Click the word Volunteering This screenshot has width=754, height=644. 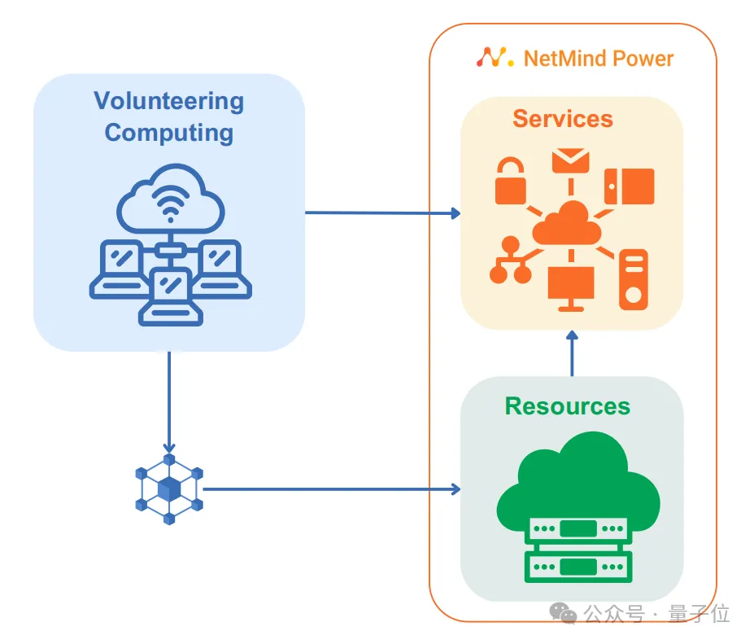pos(168,101)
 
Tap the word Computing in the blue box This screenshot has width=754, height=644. pos(168,132)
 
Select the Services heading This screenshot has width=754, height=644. pos(562,119)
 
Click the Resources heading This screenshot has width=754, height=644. pos(567,405)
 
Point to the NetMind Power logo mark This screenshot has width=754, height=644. pos(495,57)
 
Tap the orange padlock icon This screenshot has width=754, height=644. pos(511,182)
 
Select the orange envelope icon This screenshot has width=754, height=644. pos(570,160)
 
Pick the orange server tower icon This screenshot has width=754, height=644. pos(633,279)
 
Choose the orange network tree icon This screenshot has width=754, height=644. pos(510,261)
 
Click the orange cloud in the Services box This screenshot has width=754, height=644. pos(571,224)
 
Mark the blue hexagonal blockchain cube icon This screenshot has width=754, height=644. pos(168,489)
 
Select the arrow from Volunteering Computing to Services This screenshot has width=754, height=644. pos(382,213)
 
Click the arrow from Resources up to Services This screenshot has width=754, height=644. pos(572,353)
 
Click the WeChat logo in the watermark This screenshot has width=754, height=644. pos(562,613)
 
